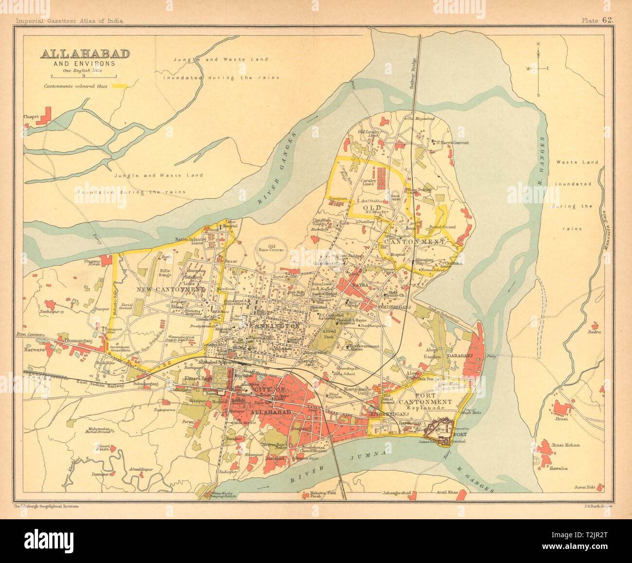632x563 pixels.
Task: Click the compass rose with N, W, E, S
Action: click(538, 69)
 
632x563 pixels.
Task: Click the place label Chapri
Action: click(31, 117)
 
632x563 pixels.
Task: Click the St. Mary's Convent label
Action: click(452, 143)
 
